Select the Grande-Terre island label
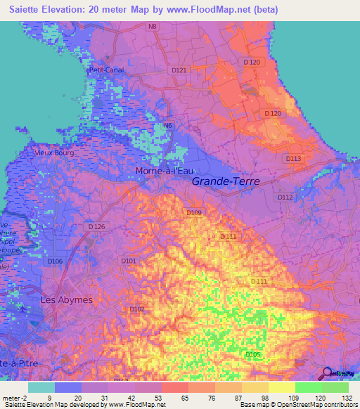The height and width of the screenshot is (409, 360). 226,181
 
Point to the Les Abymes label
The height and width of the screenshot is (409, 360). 66,299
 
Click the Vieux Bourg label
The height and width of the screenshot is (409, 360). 54,152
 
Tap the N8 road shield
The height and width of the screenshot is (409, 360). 153,27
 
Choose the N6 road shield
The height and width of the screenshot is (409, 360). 167,126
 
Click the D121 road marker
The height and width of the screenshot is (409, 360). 180,70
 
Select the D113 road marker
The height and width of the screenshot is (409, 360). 293,159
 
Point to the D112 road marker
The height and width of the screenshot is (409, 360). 285,197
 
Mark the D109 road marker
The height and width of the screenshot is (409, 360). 194,212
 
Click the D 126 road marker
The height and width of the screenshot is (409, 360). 96,226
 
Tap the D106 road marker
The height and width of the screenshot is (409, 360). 55,261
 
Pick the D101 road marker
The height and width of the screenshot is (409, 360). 129,261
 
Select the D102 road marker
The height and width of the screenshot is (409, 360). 136,309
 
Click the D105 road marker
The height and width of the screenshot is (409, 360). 253,355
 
